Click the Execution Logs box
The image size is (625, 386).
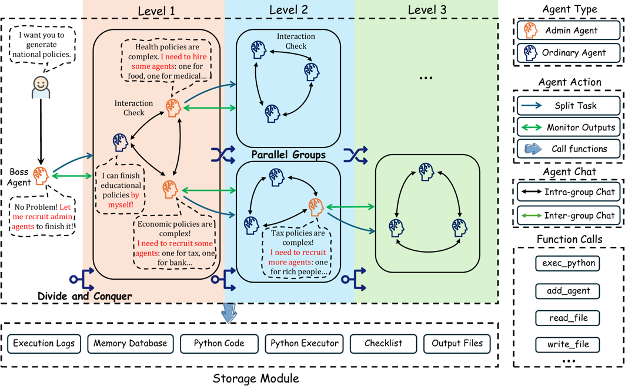coord(44,343)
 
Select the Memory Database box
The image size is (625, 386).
coord(131,343)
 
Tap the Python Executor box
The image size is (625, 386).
coord(305,343)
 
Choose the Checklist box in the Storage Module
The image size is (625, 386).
coord(383,343)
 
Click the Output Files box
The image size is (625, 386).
coord(457,343)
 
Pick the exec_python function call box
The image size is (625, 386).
coord(568,263)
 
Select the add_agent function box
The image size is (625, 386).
coord(568,291)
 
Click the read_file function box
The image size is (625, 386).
coord(568,318)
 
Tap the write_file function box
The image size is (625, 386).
coord(568,344)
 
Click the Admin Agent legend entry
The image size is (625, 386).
coord(569,31)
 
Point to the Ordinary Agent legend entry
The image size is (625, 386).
coord(569,52)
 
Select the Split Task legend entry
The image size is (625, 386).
coord(569,106)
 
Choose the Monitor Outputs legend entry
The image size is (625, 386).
coord(569,127)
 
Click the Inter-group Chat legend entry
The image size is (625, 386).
coord(569,216)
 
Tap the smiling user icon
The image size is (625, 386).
coord(41,87)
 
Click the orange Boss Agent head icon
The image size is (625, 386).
coord(41,176)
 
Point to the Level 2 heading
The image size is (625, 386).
coord(289,10)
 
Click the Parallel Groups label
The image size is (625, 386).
coord(289,155)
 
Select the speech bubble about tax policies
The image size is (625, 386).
coord(298,253)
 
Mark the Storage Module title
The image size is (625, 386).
coord(256,378)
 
